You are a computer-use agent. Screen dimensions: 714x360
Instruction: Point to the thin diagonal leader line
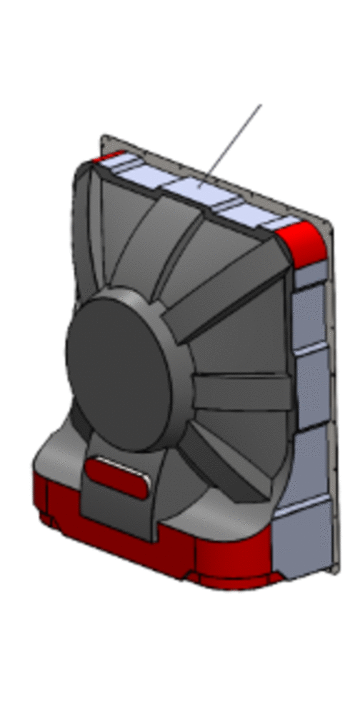click(232, 143)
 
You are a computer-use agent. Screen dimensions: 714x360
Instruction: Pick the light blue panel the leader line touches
click(200, 188)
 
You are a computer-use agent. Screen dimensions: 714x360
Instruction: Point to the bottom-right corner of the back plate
click(331, 568)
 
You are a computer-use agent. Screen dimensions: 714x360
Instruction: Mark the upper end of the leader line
click(260, 106)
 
